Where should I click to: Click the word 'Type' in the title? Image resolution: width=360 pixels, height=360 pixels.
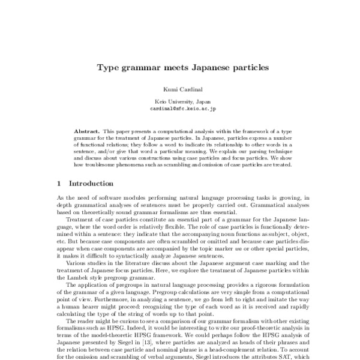109,68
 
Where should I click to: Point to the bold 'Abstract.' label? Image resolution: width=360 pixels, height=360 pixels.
87,130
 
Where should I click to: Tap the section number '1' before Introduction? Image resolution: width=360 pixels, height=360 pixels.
58,183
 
